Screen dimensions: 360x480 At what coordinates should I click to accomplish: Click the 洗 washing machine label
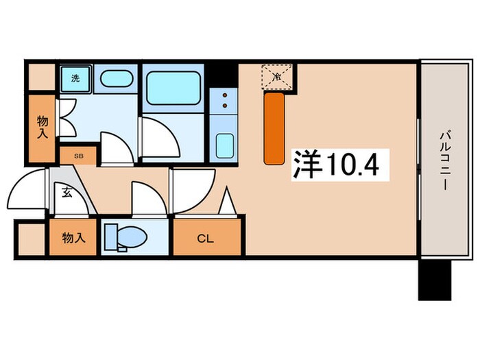pos(75,78)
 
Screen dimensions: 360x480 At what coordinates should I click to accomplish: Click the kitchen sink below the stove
pos(223,145)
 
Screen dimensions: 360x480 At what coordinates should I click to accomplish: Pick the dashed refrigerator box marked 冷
pos(276,77)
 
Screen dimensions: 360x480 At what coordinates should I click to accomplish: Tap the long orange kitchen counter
pos(274,128)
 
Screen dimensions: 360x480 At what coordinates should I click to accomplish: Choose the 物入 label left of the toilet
pos(73,238)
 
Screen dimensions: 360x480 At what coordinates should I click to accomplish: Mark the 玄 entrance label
pos(67,193)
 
